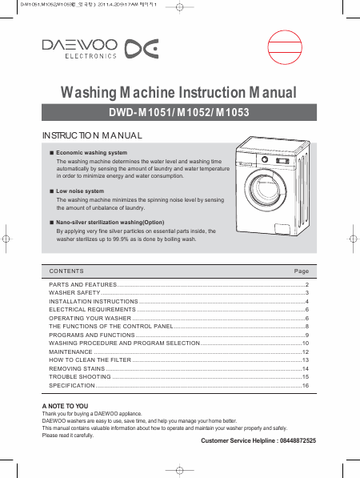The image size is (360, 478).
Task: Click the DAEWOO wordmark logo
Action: point(79,45)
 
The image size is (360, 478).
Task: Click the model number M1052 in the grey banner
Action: point(194,112)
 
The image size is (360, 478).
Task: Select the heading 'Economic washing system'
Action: point(92,153)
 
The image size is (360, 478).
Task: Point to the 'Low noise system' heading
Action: point(80,191)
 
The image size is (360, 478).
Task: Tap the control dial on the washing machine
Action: point(265,159)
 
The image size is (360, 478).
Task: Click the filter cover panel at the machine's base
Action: point(284,229)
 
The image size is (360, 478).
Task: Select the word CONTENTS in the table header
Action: point(66,271)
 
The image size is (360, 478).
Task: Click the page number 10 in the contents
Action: point(306,343)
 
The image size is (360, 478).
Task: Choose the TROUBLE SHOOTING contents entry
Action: point(80,377)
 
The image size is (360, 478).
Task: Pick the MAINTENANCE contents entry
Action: point(70,351)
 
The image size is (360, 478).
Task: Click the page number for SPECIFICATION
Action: point(306,386)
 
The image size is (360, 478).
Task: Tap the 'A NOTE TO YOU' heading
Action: point(65,406)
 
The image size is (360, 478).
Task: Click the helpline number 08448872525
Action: point(298,440)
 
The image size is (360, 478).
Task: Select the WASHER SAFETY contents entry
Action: point(74,293)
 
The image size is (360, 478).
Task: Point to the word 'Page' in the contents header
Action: point(302,271)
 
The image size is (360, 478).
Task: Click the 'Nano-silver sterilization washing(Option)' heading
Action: point(110,223)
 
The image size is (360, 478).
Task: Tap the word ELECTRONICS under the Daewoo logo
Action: point(90,56)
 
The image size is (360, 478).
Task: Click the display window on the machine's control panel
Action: point(282,161)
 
